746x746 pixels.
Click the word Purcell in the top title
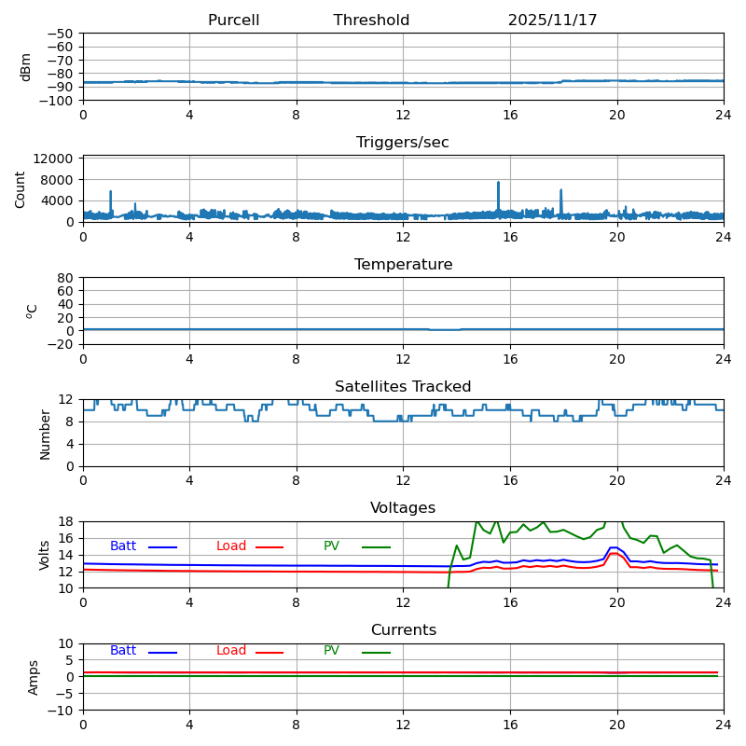click(x=233, y=21)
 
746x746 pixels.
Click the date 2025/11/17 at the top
click(x=552, y=21)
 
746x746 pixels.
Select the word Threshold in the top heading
click(x=371, y=21)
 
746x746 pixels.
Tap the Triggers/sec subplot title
click(x=403, y=143)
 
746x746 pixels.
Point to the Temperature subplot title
click(x=403, y=265)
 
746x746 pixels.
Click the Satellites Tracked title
click(x=403, y=387)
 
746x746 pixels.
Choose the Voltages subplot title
click(x=403, y=508)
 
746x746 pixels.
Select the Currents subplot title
click(x=403, y=630)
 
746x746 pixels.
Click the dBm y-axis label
click(x=26, y=66)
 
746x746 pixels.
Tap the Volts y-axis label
click(x=45, y=555)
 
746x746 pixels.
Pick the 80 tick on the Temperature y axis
click(x=65, y=278)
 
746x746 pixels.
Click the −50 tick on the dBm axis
click(x=59, y=34)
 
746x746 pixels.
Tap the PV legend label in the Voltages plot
click(x=331, y=546)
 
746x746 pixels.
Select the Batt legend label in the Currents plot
click(x=123, y=651)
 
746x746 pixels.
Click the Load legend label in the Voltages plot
click(x=231, y=546)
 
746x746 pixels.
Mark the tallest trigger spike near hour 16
click(x=498, y=183)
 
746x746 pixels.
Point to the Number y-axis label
click(x=45, y=434)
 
